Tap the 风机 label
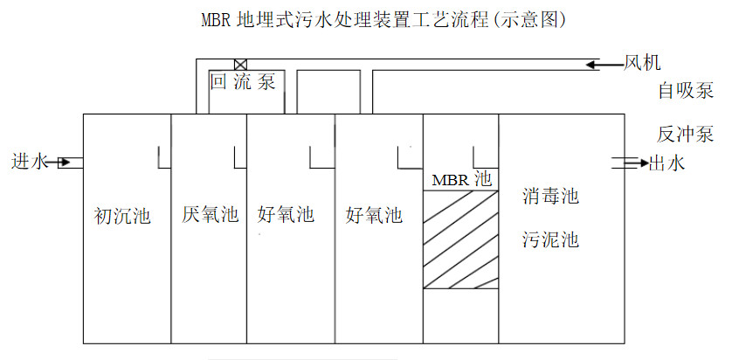point(642,63)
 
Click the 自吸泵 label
point(686,90)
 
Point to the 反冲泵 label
point(686,135)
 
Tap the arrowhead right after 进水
point(64,162)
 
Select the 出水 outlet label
point(668,163)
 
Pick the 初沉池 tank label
point(122,215)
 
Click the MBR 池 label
point(462,179)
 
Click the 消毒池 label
point(550,197)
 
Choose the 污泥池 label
point(550,239)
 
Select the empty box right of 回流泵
point(323,90)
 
